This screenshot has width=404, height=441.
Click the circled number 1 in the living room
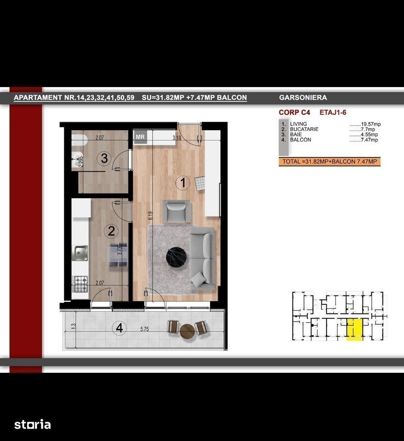click(183, 183)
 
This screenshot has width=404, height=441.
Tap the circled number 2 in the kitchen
click(111, 231)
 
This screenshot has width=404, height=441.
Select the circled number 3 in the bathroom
click(104, 158)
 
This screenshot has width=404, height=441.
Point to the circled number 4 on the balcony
click(119, 328)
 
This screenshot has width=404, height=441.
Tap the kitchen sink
click(80, 253)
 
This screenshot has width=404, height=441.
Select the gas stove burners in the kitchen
click(80, 284)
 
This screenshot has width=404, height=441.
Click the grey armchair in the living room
click(177, 211)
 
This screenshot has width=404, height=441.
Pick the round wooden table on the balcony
click(187, 332)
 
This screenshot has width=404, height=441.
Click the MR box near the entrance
click(140, 137)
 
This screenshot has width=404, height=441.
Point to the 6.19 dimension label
click(151, 216)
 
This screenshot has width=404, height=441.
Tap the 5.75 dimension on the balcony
click(144, 329)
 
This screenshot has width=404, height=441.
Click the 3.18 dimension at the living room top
click(177, 138)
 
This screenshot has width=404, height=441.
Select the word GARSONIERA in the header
click(303, 97)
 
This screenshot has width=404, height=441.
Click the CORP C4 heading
click(295, 113)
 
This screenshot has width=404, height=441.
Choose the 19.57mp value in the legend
click(371, 124)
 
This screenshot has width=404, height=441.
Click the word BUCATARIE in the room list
click(304, 129)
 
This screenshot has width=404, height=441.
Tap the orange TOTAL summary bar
click(329, 161)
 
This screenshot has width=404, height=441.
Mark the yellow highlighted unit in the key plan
click(354, 329)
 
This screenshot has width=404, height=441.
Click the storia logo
click(33, 425)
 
